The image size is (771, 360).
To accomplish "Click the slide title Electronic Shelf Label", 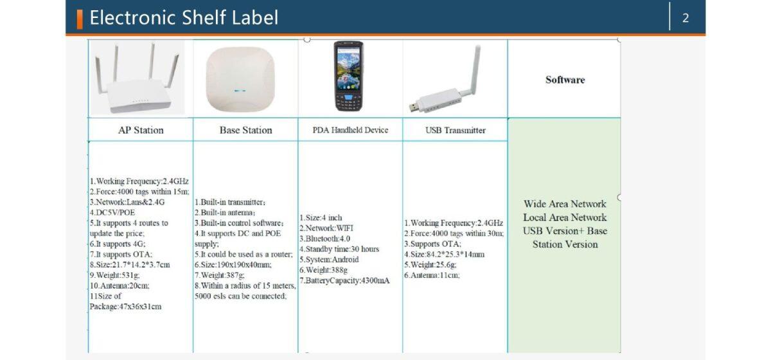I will [x=184, y=18].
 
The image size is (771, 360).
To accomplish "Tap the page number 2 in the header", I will [x=686, y=18].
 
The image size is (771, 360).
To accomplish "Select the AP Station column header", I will [x=141, y=130].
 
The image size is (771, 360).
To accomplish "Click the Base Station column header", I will [x=245, y=130].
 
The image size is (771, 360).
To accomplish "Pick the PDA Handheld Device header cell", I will [x=350, y=130].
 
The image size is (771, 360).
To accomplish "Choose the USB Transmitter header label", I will [x=455, y=130].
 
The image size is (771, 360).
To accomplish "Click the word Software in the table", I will [x=565, y=80].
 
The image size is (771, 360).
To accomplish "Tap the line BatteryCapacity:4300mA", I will [x=344, y=280].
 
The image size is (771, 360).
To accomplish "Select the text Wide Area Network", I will [x=565, y=204].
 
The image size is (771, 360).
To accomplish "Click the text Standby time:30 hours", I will [x=339, y=249].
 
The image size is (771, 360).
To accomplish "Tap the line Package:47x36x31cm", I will [x=125, y=307].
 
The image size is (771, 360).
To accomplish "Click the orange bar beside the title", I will [x=80, y=19].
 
